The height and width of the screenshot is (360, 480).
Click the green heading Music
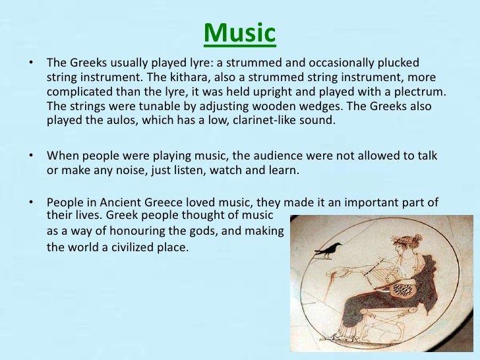(x=239, y=33)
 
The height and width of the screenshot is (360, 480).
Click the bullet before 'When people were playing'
(x=30, y=156)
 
